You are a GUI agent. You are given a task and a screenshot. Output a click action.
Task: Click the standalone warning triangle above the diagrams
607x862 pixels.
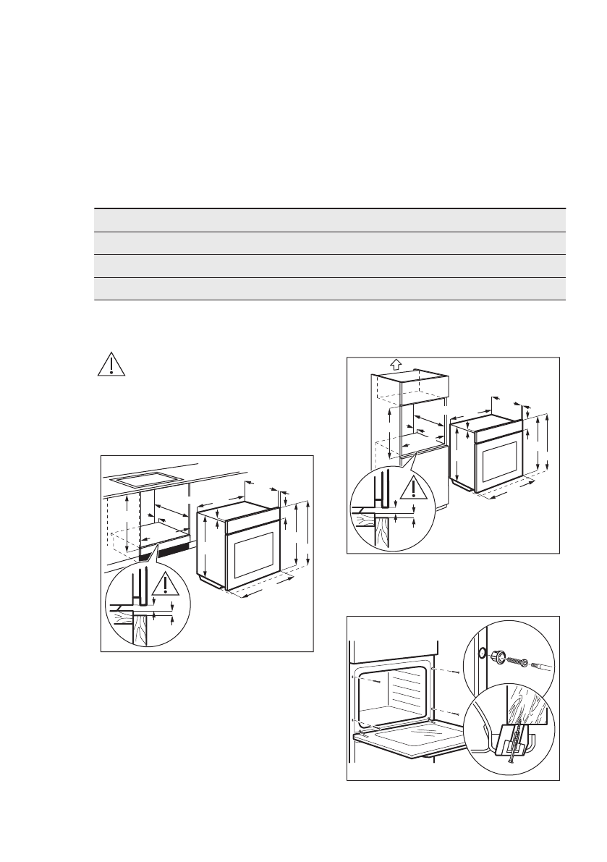tap(111, 365)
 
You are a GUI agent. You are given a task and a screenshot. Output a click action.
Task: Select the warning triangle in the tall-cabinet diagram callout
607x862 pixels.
tap(413, 489)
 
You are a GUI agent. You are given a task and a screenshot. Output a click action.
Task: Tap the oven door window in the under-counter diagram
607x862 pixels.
tap(252, 557)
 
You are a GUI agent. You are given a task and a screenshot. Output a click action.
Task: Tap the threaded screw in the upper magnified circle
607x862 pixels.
tap(517, 662)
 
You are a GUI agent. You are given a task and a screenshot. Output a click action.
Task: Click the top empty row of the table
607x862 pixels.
tap(329, 220)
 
